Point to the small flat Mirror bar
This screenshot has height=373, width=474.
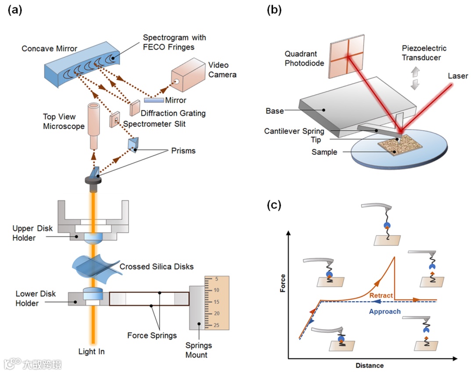point(154,100)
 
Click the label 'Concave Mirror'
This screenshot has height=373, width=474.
point(49,49)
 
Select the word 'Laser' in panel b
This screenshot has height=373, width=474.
point(458,76)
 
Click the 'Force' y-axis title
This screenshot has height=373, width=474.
point(283,285)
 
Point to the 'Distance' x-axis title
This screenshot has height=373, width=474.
point(369,366)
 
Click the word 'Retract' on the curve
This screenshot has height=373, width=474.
point(381,295)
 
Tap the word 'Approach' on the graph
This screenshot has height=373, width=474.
point(384,312)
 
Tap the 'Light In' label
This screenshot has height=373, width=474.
point(91,352)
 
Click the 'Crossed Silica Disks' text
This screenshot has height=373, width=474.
point(156,266)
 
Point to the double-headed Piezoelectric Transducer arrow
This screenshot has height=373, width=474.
point(414,79)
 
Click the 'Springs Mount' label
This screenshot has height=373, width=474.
point(196,351)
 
